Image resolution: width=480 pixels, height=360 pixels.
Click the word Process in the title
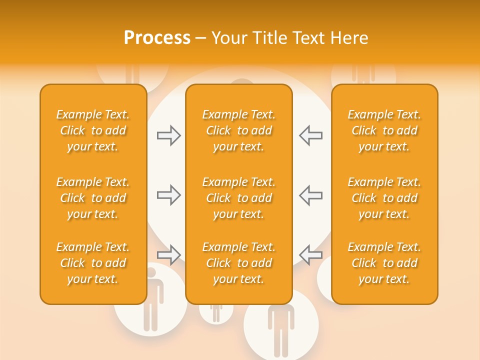157,38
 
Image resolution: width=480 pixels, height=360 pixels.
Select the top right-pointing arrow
169,135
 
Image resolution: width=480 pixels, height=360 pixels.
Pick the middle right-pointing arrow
169,195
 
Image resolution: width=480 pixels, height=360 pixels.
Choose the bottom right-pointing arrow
169,255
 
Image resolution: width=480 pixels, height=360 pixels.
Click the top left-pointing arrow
311,135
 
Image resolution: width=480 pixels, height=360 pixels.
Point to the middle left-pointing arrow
311,195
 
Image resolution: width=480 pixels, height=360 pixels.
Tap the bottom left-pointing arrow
311,255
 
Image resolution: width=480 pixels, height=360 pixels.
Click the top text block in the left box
93,130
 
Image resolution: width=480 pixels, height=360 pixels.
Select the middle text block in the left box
93,198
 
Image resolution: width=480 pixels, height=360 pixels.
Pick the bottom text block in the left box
93,263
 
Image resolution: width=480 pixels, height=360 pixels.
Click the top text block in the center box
239,130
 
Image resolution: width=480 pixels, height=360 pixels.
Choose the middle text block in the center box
239,198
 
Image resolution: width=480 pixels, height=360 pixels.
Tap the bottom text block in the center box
239,263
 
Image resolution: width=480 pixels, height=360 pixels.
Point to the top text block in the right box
384,130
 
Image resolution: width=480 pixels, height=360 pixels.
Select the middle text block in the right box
384,198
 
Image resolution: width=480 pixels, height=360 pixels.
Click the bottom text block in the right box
384,263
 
